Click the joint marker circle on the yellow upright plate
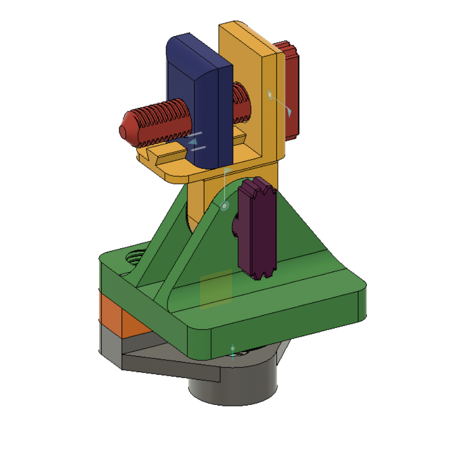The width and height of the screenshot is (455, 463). click(270, 94)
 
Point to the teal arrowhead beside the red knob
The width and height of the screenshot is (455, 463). click(289, 112)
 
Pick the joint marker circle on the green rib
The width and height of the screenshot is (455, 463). click(224, 205)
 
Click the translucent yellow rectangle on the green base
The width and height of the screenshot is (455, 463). click(216, 291)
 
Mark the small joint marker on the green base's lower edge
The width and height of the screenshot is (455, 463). click(233, 351)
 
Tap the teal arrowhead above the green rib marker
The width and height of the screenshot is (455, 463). click(227, 169)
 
